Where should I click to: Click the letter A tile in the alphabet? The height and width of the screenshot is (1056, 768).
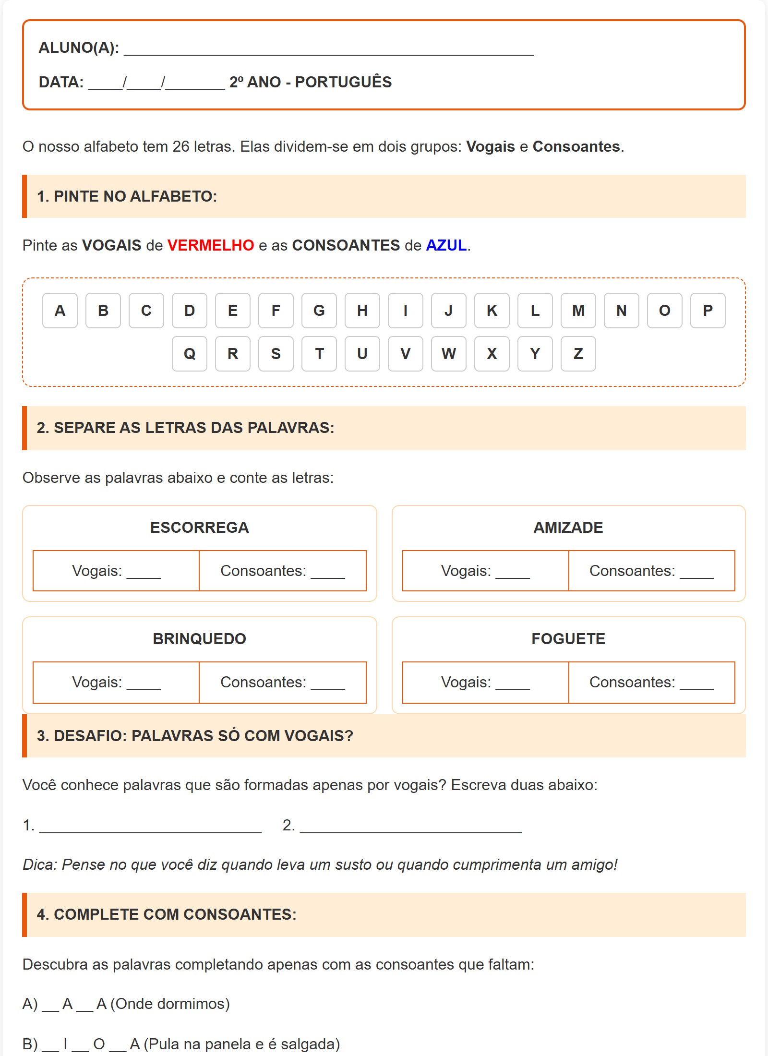click(60, 311)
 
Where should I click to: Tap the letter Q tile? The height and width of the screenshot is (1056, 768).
click(190, 354)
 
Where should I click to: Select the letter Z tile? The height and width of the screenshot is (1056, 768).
click(578, 354)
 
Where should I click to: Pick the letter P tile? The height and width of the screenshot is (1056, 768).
click(708, 311)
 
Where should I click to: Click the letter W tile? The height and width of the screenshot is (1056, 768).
click(449, 354)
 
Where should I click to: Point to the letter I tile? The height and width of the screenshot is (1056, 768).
click(406, 311)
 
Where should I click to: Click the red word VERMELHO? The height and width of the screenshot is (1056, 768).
click(210, 245)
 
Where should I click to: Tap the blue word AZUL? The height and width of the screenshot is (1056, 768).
click(446, 245)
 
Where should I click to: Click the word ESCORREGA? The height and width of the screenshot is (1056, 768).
click(199, 528)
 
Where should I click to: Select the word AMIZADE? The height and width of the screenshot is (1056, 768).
click(568, 528)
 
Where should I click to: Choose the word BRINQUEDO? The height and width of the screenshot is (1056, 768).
click(199, 639)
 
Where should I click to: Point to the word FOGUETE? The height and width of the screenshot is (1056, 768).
click(568, 639)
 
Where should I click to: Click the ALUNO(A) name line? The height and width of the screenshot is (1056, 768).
click(329, 49)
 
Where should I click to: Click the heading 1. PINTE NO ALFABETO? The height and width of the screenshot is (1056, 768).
click(127, 196)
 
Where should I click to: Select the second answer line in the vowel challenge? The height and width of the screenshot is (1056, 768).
click(410, 827)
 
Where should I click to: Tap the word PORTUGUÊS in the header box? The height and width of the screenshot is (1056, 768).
click(343, 82)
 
